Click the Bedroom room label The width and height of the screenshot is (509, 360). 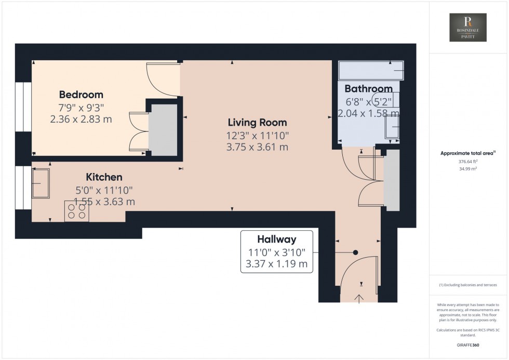click(81, 95)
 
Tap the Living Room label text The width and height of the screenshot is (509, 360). click(257, 123)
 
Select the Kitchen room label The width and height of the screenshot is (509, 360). click(104, 178)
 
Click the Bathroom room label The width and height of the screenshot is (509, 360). click(368, 88)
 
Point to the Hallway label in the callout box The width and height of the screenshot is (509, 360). click(277, 239)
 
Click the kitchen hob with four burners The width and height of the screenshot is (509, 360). click(76, 211)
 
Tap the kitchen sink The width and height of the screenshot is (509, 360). click(42, 183)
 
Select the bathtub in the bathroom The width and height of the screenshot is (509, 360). click(370, 70)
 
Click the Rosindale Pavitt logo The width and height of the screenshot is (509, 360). click(468, 28)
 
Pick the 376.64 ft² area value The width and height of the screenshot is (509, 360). click(468, 162)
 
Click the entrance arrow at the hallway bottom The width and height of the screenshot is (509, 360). click(359, 298)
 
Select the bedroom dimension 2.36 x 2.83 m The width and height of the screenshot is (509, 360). click(81, 119)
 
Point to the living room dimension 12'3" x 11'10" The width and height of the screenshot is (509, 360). click(257, 135)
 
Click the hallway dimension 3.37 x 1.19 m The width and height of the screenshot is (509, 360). click(277, 264)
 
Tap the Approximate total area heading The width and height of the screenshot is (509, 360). click(468, 153)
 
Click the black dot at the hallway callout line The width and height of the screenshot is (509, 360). click(355, 252)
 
